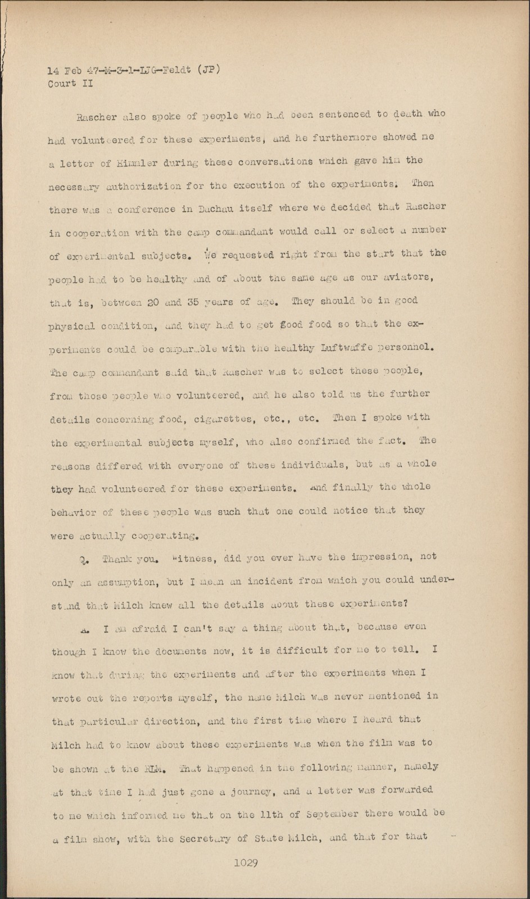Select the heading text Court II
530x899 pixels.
(70, 84)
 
